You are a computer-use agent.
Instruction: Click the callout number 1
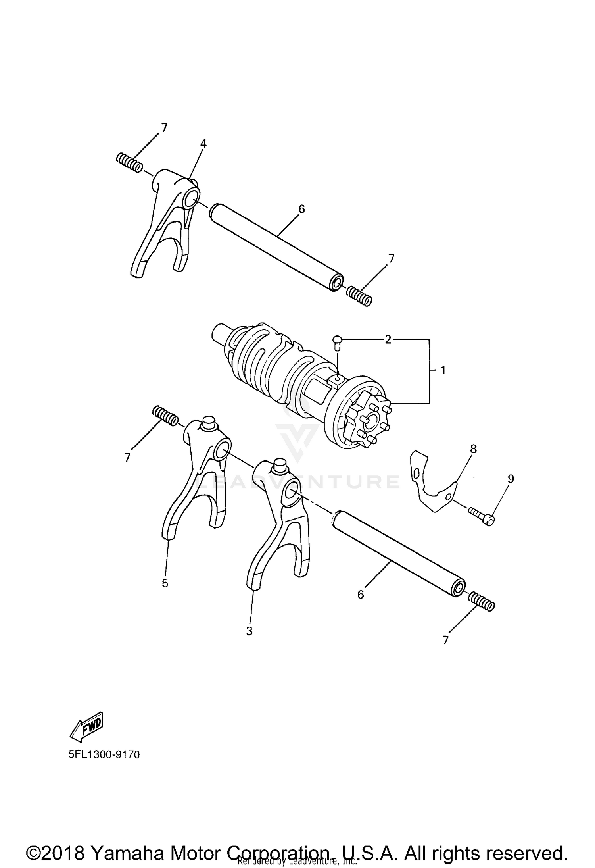443,370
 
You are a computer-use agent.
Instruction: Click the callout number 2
388,339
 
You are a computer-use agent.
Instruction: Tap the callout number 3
249,631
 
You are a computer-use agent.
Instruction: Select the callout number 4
203,144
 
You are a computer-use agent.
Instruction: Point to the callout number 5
165,583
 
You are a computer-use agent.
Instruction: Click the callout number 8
473,449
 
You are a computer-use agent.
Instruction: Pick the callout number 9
511,479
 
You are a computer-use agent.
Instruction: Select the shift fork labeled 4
167,222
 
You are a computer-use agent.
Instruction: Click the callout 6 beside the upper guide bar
301,209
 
